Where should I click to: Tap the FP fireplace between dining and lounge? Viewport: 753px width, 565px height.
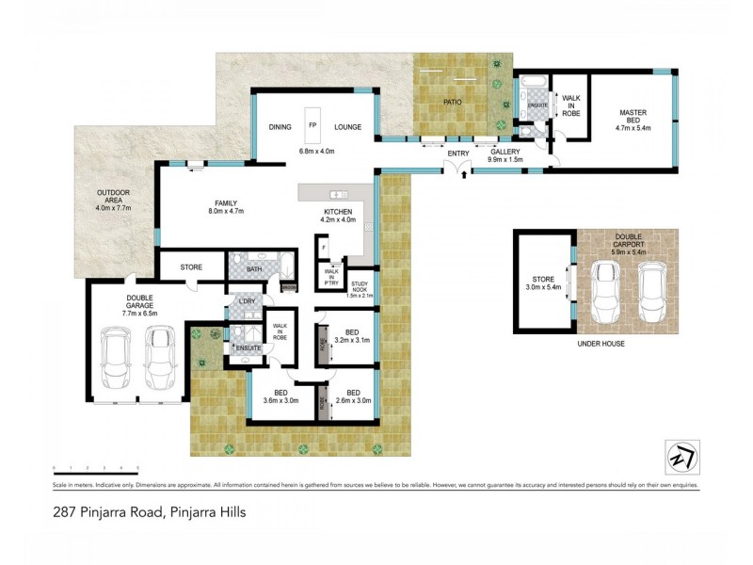(313, 124)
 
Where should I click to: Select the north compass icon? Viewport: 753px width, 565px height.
(681, 456)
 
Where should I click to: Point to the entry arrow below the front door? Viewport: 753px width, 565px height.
(463, 175)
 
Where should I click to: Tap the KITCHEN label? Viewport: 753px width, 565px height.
(338, 212)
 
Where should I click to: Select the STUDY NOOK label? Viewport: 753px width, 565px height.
(360, 286)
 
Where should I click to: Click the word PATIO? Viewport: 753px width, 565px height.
(455, 101)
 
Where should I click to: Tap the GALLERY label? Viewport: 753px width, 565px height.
(505, 153)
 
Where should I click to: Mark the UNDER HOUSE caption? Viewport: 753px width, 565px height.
(601, 344)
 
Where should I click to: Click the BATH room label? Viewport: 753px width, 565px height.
(253, 270)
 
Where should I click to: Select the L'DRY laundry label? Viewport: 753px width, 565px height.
(247, 302)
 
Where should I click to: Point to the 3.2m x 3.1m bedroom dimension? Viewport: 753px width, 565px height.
(352, 342)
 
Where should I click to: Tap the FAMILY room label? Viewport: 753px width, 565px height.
(224, 202)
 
